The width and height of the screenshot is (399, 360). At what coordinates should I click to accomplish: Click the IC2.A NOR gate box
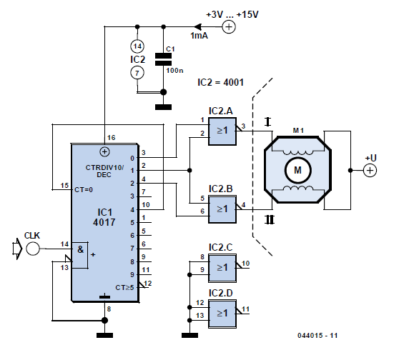pos(222,131)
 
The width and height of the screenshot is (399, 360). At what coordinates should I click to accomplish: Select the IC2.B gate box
pos(222,209)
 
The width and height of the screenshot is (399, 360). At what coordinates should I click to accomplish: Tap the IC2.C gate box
pos(222,268)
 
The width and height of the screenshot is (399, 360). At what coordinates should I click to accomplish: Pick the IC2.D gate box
pos(222,314)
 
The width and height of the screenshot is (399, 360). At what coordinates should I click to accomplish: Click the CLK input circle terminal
pos(33,249)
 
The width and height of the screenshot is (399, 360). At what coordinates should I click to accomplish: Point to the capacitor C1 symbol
pos(163,59)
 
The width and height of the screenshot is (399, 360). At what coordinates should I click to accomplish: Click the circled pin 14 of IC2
pos(137,46)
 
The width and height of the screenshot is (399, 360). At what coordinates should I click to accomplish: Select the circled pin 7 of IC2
pos(137,73)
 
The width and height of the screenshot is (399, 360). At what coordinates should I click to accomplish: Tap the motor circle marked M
pos(297,170)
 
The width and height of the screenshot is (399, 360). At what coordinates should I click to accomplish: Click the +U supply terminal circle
pos(370,170)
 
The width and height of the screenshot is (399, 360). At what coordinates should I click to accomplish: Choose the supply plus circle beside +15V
pos(229,26)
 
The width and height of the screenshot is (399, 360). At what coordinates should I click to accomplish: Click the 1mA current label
pos(199,36)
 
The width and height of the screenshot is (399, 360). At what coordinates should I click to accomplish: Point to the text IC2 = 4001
pos(220,82)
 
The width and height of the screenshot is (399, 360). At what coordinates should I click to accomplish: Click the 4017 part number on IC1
pos(104,222)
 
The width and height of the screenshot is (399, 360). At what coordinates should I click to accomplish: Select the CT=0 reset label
pos(84,190)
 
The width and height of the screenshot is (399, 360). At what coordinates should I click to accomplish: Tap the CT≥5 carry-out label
pos(124,288)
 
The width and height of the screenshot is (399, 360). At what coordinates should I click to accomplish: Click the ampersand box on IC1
pos(80,255)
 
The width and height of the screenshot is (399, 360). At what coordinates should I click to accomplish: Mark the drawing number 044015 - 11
pos(317,335)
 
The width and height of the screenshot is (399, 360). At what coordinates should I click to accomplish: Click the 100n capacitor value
pos(174,71)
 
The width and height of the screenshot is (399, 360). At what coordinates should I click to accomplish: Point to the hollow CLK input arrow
pos(17,249)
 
